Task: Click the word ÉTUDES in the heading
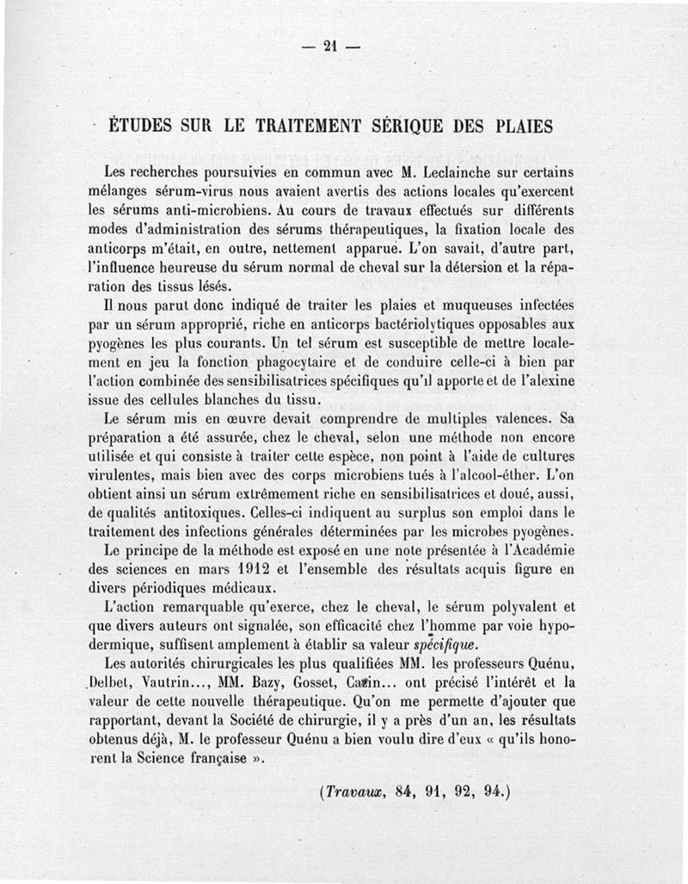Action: [141, 125]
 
